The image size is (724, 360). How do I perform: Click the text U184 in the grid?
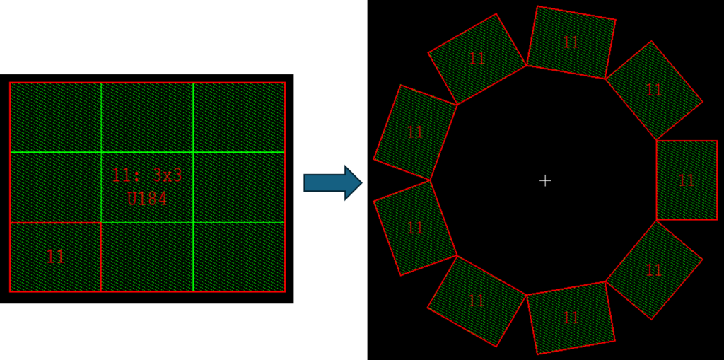147,199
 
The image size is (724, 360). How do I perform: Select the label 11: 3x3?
147,175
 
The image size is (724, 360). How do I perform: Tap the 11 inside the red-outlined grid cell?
55,257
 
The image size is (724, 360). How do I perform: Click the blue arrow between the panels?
332,182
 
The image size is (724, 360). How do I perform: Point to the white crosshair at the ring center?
545,180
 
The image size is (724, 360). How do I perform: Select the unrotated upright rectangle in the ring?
687,180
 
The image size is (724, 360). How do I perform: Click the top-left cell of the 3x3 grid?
55,117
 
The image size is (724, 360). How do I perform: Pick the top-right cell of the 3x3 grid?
239,117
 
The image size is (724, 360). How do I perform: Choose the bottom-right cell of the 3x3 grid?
239,257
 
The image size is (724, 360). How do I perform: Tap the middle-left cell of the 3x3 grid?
55,187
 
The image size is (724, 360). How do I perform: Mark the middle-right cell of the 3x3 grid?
239,187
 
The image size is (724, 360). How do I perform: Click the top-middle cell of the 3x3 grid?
147,117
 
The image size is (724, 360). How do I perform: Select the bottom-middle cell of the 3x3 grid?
147,257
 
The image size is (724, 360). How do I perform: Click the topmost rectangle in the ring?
571,42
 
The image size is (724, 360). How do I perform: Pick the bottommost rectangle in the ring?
571,318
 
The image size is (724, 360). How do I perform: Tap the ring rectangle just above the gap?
415,132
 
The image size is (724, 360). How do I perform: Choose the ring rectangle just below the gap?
415,228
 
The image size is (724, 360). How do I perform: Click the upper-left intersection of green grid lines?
101,152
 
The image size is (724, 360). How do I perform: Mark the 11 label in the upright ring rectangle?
687,180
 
